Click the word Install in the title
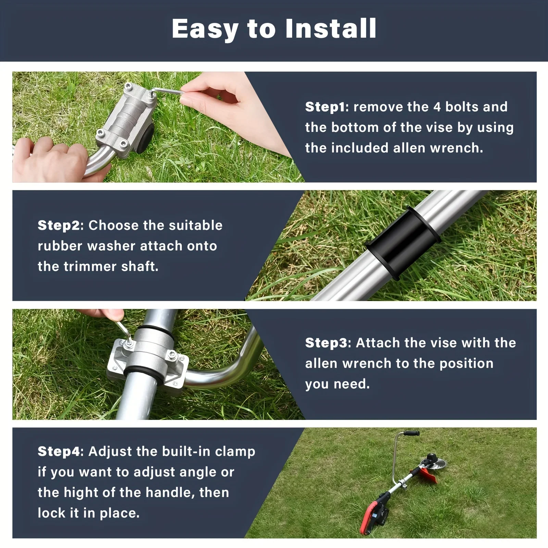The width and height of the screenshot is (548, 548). pyautogui.click(x=331, y=28)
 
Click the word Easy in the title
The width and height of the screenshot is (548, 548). pyautogui.click(x=205, y=29)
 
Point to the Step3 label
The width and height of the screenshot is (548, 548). pyautogui.click(x=326, y=343)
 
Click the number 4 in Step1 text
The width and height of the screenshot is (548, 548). pyautogui.click(x=437, y=107)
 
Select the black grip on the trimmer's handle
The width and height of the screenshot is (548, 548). pyautogui.click(x=411, y=434)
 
